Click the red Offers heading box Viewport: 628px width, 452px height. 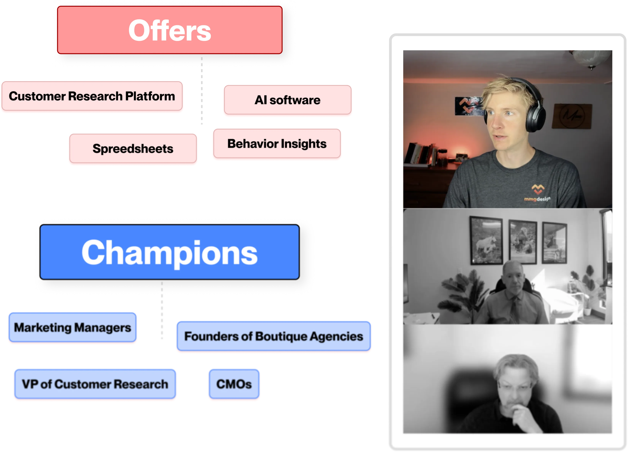169,30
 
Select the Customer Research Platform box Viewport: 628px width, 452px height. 92,96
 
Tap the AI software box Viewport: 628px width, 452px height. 287,100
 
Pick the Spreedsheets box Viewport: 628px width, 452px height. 133,149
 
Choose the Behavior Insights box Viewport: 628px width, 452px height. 277,144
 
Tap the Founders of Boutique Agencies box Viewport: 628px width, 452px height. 274,336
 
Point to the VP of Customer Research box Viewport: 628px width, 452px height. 95,384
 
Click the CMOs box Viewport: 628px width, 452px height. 234,384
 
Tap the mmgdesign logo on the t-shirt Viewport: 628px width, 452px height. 537,193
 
